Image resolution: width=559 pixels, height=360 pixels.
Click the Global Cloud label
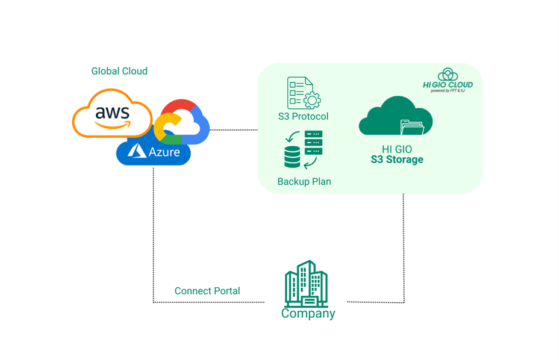(119, 71)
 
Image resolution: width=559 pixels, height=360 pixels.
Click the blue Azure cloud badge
(154, 152)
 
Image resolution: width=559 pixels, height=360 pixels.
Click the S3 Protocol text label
(304, 116)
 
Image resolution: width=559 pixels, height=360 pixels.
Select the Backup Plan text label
(304, 181)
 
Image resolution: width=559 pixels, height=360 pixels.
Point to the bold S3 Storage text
(398, 160)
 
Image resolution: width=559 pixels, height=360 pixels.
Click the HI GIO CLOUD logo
(448, 80)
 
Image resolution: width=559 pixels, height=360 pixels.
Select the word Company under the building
(308, 314)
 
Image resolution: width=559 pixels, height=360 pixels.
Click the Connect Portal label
(207, 291)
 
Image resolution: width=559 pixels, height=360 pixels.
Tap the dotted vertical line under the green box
(404, 247)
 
